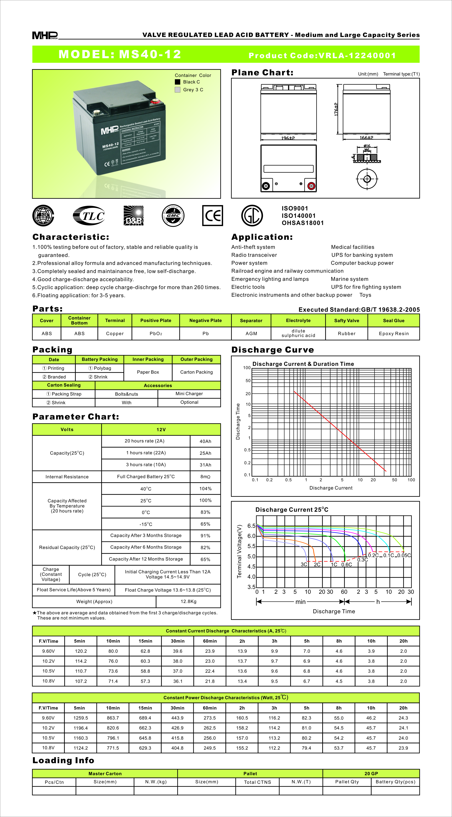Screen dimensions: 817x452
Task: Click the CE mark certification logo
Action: click(x=213, y=216)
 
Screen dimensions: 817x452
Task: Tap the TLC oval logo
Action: click(x=89, y=216)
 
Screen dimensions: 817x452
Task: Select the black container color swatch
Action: click(x=178, y=82)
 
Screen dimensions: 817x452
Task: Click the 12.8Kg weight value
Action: click(x=189, y=601)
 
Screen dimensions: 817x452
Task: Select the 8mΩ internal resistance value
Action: click(x=205, y=477)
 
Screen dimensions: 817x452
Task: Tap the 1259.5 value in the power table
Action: click(x=81, y=718)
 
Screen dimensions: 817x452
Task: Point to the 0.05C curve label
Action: click(x=404, y=555)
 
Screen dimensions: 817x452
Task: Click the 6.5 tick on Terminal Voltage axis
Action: click(x=251, y=526)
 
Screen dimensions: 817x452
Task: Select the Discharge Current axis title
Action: click(x=331, y=488)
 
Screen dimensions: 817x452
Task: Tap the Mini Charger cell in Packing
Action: click(x=189, y=394)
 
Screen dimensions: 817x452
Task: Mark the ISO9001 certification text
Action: click(x=295, y=208)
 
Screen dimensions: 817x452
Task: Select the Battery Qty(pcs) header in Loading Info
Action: click(x=395, y=782)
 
